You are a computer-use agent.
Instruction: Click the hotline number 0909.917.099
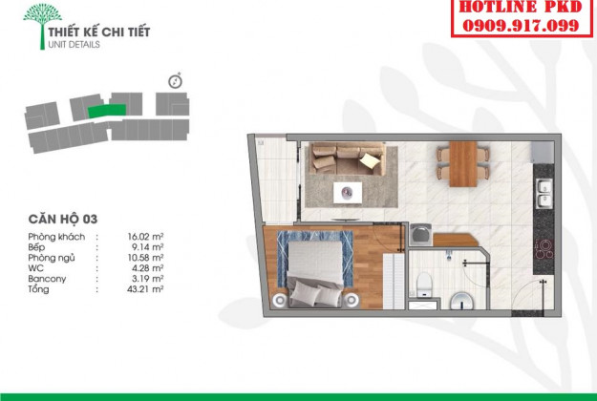point(521,26)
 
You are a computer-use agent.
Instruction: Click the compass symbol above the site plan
point(175,80)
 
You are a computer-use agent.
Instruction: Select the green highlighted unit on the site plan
point(107,111)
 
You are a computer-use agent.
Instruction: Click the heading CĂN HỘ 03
point(63,220)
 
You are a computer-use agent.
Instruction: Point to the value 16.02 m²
point(145,237)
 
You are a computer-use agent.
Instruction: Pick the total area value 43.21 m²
point(145,289)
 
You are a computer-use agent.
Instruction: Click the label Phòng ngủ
point(52,258)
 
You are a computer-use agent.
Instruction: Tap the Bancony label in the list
point(47,279)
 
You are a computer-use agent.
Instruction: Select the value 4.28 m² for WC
point(148,268)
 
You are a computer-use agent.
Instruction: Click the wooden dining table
point(463,164)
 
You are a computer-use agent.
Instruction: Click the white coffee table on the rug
point(348,193)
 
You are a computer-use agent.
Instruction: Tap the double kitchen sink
point(544,193)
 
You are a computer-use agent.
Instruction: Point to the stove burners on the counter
point(544,249)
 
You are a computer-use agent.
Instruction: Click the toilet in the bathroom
point(424,285)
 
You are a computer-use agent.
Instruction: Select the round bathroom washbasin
point(462,301)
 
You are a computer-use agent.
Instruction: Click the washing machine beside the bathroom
point(420,234)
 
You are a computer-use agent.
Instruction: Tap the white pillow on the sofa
point(369,160)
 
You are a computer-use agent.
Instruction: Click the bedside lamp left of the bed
point(280,300)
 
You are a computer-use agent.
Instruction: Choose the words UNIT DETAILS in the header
point(74,45)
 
